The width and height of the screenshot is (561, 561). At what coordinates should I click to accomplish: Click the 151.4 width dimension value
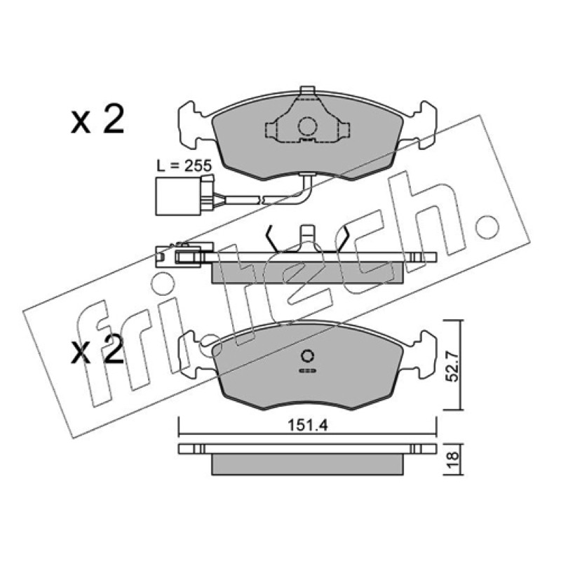pyautogui.click(x=308, y=426)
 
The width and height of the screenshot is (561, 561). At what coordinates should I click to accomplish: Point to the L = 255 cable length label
pyautogui.click(x=184, y=166)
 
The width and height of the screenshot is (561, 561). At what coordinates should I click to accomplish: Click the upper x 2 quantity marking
pyautogui.click(x=97, y=121)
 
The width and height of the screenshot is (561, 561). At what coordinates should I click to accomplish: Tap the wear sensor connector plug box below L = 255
pyautogui.click(x=178, y=197)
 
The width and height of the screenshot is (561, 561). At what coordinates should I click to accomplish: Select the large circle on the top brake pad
pyautogui.click(x=308, y=127)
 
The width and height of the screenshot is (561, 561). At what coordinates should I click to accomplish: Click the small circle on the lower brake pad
pyautogui.click(x=308, y=356)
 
